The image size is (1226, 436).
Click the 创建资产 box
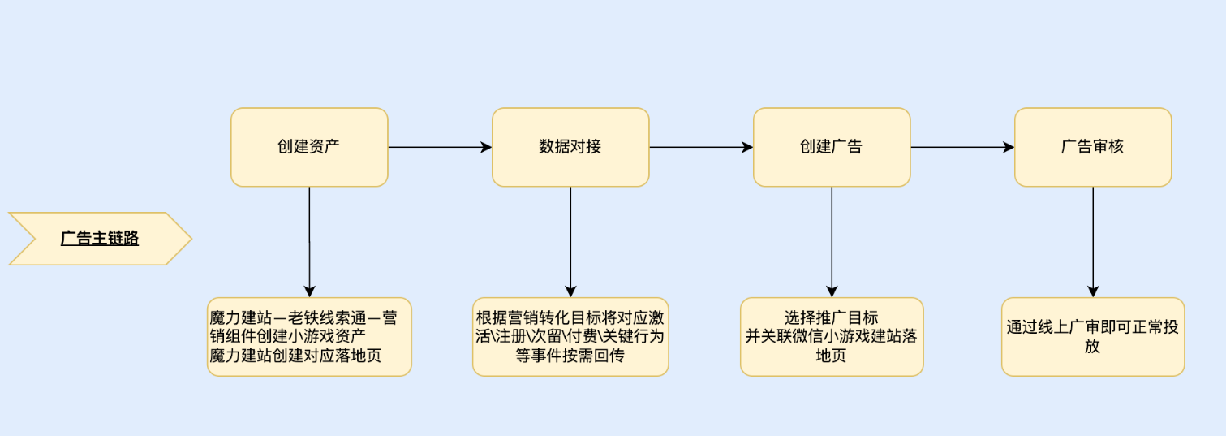(x=309, y=147)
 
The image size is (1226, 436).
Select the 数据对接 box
(x=570, y=147)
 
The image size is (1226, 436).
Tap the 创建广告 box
(x=832, y=147)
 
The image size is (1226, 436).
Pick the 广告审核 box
(x=1093, y=147)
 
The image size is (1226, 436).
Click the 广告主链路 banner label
(x=100, y=239)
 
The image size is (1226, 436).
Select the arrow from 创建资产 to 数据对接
(x=440, y=147)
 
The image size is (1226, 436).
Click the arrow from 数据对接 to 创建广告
(x=701, y=147)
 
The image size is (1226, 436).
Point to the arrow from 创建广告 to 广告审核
(x=962, y=147)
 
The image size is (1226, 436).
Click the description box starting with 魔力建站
(x=309, y=336)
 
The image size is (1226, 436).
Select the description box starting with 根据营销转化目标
(x=570, y=336)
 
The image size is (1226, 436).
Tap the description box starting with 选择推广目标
(x=832, y=336)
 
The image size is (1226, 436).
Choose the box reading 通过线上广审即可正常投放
(x=1093, y=336)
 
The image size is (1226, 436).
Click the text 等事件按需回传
(x=570, y=356)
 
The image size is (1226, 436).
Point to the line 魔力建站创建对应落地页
(x=295, y=356)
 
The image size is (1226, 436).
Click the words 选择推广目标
(x=832, y=317)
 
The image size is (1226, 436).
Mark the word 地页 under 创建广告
(x=832, y=356)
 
